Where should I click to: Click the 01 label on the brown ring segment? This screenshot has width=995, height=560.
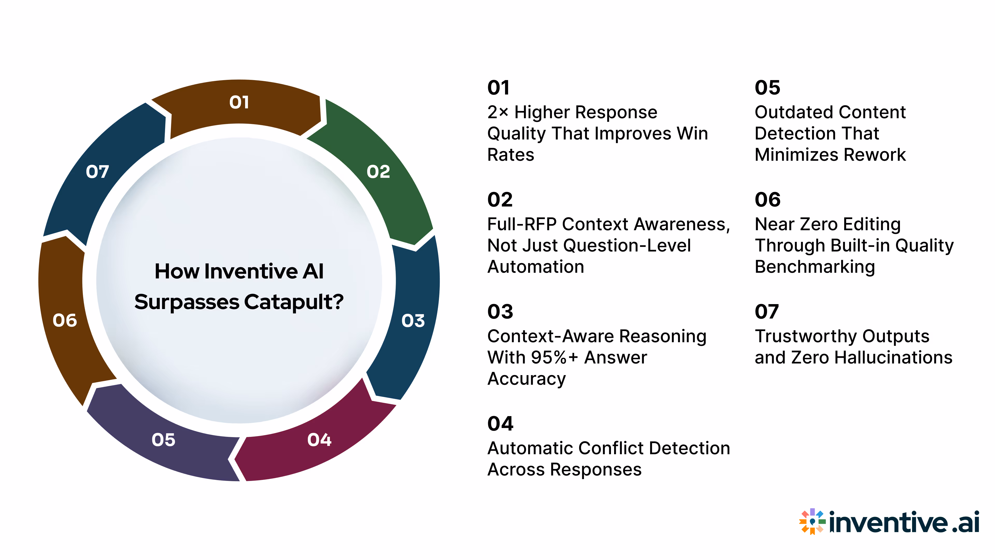click(239, 102)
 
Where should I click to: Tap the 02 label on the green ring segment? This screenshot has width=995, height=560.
click(378, 172)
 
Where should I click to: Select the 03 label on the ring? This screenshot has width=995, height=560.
click(413, 321)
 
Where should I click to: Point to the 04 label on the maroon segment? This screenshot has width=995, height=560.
click(319, 440)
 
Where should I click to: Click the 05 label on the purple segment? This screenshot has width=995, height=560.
click(164, 440)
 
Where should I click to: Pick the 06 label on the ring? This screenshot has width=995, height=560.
click(65, 320)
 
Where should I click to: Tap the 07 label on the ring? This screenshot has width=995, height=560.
click(97, 172)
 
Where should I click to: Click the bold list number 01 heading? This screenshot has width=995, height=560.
click(498, 88)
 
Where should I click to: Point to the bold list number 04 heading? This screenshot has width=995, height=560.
click(500, 424)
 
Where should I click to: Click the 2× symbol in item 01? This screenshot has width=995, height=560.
click(497, 113)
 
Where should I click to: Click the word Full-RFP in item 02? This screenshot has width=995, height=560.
click(521, 225)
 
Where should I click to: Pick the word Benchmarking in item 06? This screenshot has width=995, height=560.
click(815, 267)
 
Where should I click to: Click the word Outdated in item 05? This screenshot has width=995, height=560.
click(788, 113)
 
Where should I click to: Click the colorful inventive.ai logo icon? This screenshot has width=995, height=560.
click(812, 522)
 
